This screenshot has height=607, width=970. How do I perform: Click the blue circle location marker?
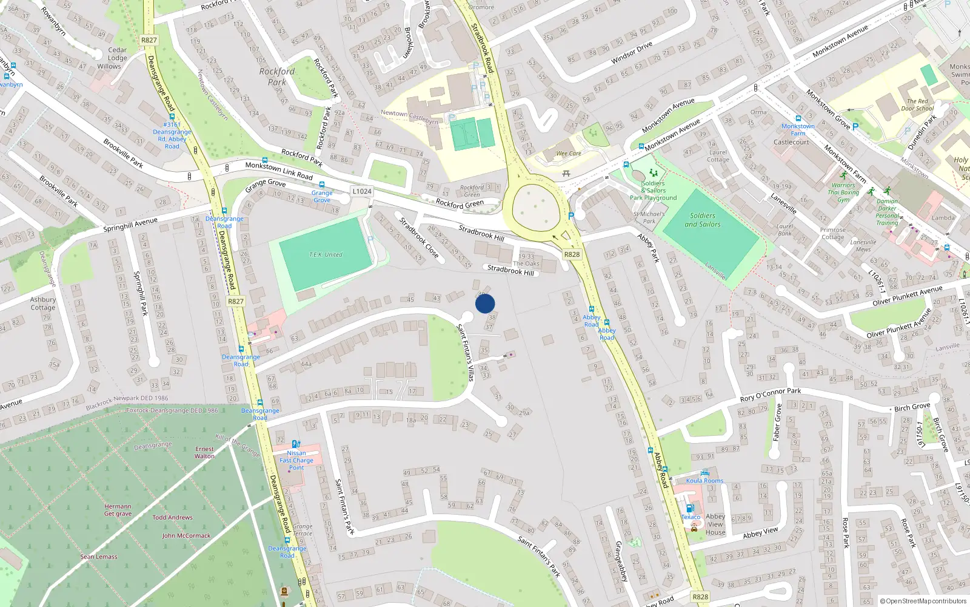(x=485, y=303)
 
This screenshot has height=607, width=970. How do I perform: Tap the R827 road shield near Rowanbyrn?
(x=149, y=40)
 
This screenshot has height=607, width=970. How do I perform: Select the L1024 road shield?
(x=362, y=191)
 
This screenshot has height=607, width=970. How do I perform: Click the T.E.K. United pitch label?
(x=326, y=255)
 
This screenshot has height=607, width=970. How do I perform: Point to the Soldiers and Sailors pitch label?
(x=703, y=220)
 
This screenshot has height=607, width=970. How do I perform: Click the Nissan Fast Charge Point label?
(x=296, y=460)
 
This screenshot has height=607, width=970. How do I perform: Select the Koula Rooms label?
(x=704, y=481)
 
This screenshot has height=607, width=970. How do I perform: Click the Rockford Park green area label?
(x=277, y=76)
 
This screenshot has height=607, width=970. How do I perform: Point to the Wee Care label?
(x=569, y=154)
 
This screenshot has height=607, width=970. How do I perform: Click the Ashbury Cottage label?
(x=43, y=303)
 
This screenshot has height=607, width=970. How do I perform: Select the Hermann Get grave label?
(x=118, y=510)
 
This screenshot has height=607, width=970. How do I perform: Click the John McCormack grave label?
(x=186, y=536)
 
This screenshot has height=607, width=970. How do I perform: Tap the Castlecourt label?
(x=791, y=142)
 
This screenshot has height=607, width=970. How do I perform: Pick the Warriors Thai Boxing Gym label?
(x=843, y=192)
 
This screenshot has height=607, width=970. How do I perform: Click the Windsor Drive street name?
(x=632, y=53)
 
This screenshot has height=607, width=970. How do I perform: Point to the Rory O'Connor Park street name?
(x=771, y=395)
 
